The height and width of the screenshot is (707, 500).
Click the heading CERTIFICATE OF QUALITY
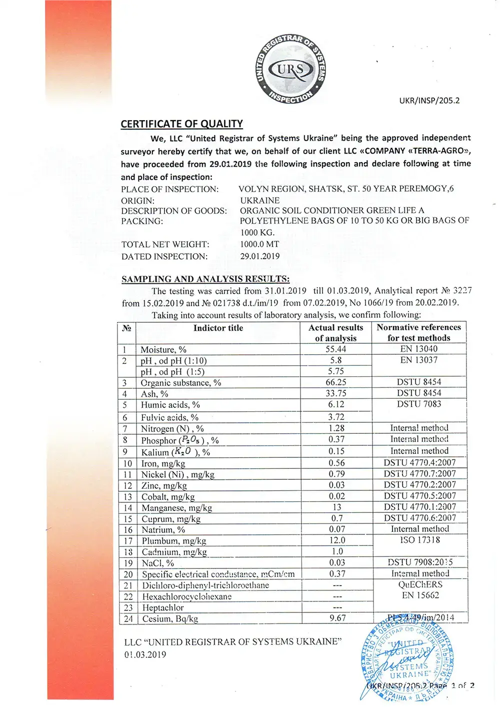click(x=181, y=124)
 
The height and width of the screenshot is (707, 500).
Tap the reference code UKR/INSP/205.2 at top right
click(x=429, y=100)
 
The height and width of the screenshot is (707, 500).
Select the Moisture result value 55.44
click(x=336, y=349)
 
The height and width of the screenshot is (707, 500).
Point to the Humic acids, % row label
click(x=170, y=405)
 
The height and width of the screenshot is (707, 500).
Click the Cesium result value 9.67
click(x=337, y=618)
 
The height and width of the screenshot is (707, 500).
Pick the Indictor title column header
click(x=218, y=328)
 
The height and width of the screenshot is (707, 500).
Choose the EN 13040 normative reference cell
click(x=418, y=349)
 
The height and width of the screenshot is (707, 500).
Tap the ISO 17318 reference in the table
click(x=420, y=540)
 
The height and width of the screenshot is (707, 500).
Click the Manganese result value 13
click(x=337, y=507)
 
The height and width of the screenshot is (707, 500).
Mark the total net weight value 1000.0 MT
click(x=259, y=244)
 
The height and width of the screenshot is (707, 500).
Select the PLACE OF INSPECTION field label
click(x=169, y=189)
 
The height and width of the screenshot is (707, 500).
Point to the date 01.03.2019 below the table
click(x=145, y=654)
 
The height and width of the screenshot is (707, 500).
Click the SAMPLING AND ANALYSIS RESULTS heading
click(x=205, y=279)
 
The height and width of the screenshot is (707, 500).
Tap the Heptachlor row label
click(x=163, y=607)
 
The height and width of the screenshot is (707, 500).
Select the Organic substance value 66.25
click(x=336, y=382)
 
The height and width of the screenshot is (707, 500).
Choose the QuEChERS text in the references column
click(x=420, y=584)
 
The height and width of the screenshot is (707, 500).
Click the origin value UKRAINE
click(x=259, y=200)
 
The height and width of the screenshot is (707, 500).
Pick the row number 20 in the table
click(x=128, y=574)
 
